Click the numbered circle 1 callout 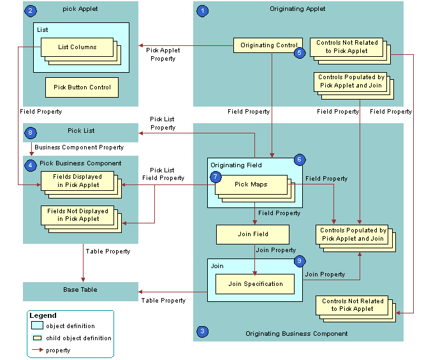click(x=203, y=11)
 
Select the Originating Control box click(x=268, y=45)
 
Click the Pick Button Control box click(x=82, y=87)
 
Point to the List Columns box click(x=77, y=47)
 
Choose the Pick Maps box click(x=251, y=184)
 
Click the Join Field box click(x=252, y=234)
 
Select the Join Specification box click(x=255, y=283)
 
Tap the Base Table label click(x=80, y=290)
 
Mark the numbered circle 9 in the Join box click(x=300, y=261)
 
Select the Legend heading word click(x=43, y=315)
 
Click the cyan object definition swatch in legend click(x=37, y=326)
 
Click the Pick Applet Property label click(x=164, y=54)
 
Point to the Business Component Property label click(x=79, y=147)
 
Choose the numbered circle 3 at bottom click(x=203, y=331)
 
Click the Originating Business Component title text click(x=296, y=333)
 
